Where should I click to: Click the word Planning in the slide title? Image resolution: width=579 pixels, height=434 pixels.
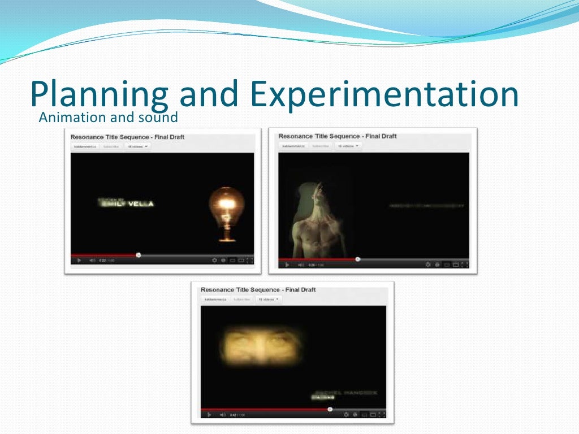pos(99,95)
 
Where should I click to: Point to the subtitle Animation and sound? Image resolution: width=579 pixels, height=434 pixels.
pos(108,118)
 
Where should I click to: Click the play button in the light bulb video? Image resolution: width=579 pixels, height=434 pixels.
pos(79,261)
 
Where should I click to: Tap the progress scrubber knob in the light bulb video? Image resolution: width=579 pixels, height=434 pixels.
pos(139,255)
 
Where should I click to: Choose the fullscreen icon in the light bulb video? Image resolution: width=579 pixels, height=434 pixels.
pos(250,261)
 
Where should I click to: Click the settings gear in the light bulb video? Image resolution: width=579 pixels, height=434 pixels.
pos(214,261)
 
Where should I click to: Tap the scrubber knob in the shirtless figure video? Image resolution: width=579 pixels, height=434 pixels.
pos(357,259)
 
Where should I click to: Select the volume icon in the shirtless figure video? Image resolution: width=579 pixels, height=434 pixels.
pos(301,264)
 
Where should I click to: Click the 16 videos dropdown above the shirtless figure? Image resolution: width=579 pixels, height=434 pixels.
pos(348,146)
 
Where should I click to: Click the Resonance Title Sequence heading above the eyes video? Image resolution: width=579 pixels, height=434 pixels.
pos(258,290)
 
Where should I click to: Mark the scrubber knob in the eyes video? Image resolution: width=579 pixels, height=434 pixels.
pos(330,409)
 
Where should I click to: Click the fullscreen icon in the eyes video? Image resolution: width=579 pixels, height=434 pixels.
pos(381,415)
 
